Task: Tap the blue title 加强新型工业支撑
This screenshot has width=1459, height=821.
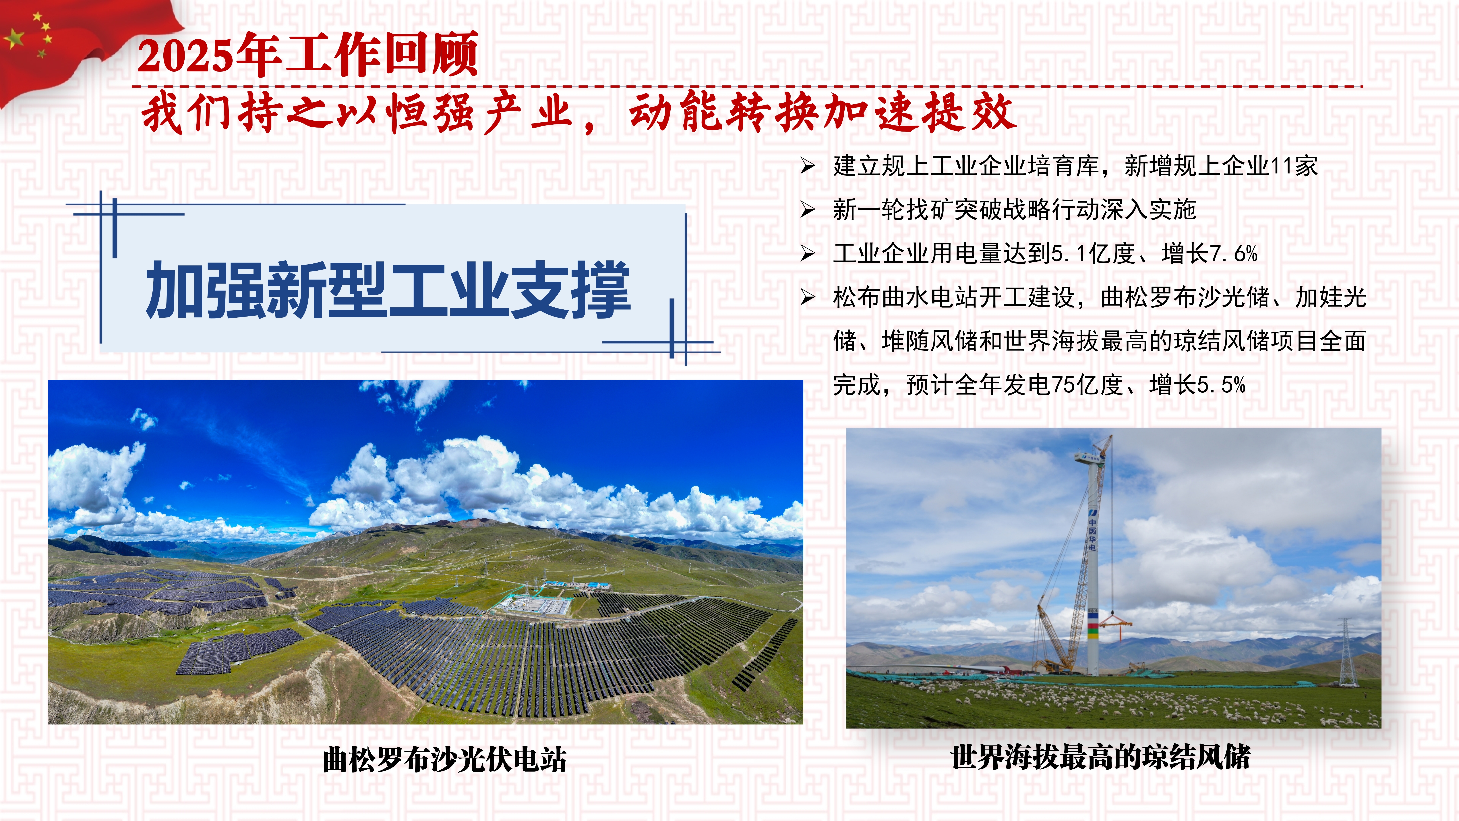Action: click(x=388, y=290)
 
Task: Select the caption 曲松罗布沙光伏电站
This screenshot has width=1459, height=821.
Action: click(x=445, y=760)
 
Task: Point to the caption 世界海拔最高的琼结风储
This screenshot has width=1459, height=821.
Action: click(x=1100, y=758)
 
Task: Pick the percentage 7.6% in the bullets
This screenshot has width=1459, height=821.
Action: click(x=1234, y=253)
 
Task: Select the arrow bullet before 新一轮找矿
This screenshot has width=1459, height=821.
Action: click(x=808, y=210)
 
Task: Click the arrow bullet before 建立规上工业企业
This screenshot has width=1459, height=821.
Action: click(x=808, y=166)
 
